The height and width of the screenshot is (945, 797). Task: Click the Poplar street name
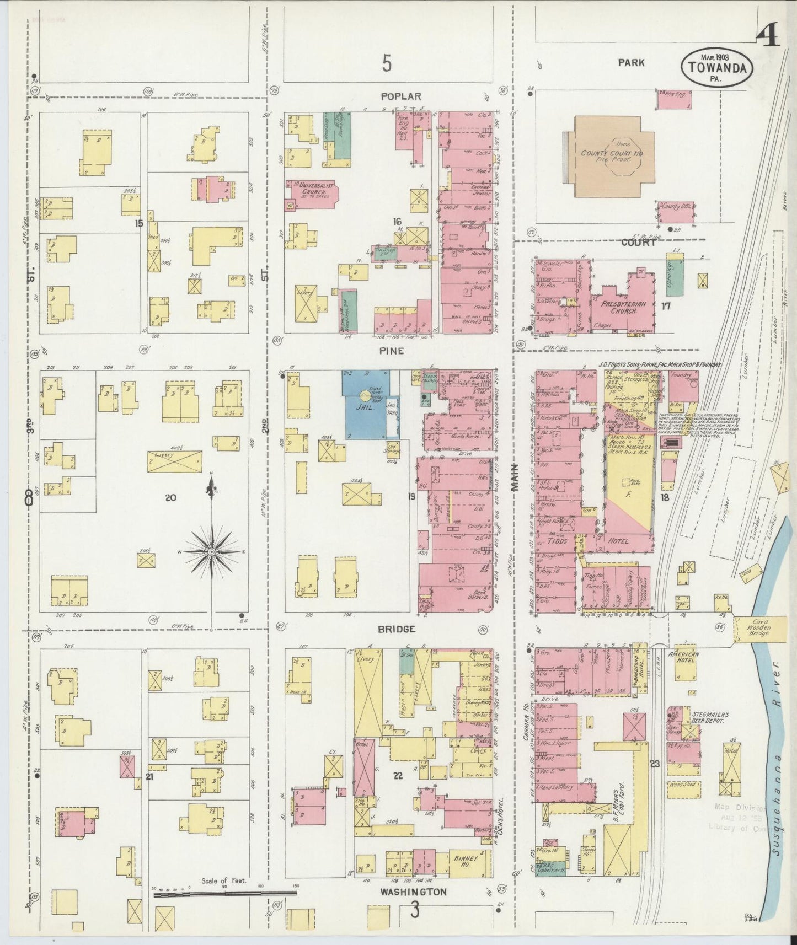pyautogui.click(x=393, y=96)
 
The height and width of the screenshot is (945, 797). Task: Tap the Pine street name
pyautogui.click(x=392, y=351)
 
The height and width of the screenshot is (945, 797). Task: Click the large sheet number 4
pyautogui.click(x=768, y=37)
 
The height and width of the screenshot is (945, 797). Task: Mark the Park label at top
pyautogui.click(x=632, y=63)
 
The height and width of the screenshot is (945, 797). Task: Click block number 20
pyautogui.click(x=170, y=497)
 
